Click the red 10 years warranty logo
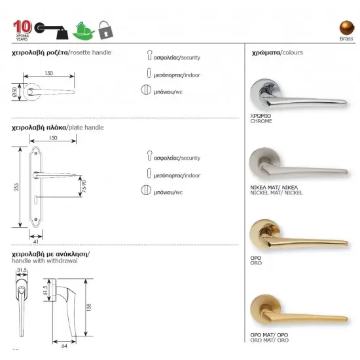pyautogui.click(x=22, y=30)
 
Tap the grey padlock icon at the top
pyautogui.click(x=105, y=30)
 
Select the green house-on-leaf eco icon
pyautogui.click(x=83, y=31)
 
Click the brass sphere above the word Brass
pyautogui.click(x=347, y=27)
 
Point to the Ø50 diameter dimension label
pyautogui.click(x=15, y=92)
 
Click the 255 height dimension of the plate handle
pyautogui.click(x=16, y=187)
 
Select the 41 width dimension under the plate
pyautogui.click(x=36, y=242)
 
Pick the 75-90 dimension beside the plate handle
pyautogui.click(x=84, y=186)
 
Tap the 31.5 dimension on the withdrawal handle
pyautogui.click(x=22, y=270)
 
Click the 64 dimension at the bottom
pyautogui.click(x=65, y=346)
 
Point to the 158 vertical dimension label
pyautogui.click(x=89, y=307)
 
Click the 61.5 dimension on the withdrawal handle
pyautogui.click(x=46, y=290)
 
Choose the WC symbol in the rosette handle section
pyautogui.click(x=146, y=90)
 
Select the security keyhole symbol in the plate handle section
pyautogui.click(x=149, y=156)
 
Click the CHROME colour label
pyautogui.click(x=261, y=121)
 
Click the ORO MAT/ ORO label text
pyautogui.click(x=269, y=340)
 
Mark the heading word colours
pyautogui.click(x=293, y=52)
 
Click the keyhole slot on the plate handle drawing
pyautogui.click(x=36, y=200)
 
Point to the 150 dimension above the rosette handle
pyautogui.click(x=48, y=73)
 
